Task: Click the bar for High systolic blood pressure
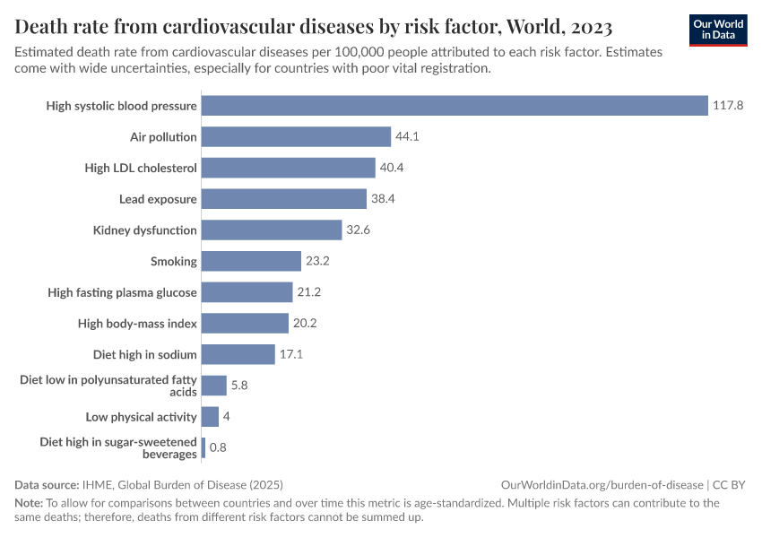click(455, 106)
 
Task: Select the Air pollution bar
click(297, 136)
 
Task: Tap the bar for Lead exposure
click(284, 199)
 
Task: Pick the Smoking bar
click(251, 261)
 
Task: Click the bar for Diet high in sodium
click(238, 354)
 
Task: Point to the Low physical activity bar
click(211, 417)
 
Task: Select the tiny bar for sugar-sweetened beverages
click(203, 447)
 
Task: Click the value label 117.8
click(728, 106)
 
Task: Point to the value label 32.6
click(359, 230)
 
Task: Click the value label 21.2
click(309, 292)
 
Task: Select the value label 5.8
click(239, 386)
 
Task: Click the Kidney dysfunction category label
click(144, 230)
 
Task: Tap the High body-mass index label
click(137, 324)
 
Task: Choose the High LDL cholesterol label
click(141, 168)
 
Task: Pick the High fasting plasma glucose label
click(122, 292)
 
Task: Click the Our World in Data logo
click(718, 30)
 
